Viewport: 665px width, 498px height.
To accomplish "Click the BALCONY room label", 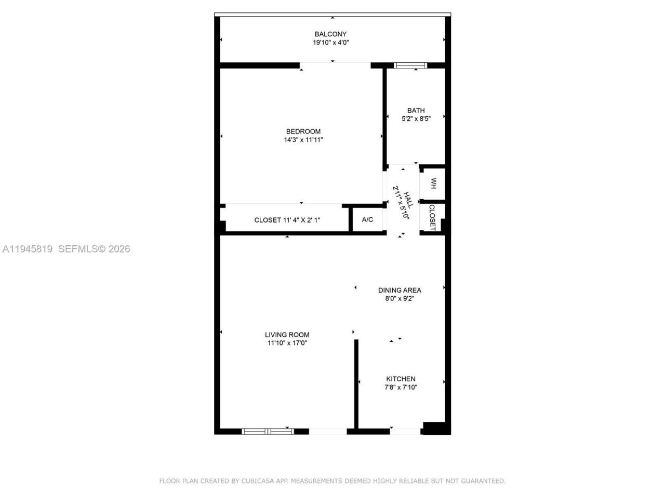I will coord(330,34).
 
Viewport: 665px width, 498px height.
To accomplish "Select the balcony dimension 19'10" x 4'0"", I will coord(330,43).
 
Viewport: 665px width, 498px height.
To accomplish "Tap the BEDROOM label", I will coord(303,131).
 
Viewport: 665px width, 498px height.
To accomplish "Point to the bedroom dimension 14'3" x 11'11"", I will coord(303,140).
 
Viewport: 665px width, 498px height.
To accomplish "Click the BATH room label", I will coord(416,110).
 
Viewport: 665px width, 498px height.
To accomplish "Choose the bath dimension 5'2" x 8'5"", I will coord(416,118).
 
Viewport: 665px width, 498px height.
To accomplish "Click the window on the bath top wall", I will coord(410,65).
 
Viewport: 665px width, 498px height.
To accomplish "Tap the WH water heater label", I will coord(433,183).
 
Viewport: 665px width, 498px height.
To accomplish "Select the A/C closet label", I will coord(367,220).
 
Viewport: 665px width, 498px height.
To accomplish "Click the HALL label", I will coord(408,200).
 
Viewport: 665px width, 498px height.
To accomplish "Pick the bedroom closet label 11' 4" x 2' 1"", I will coord(287,220).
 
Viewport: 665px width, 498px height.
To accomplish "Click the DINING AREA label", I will coord(400,290).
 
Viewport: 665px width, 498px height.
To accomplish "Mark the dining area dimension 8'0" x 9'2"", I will coord(400,299).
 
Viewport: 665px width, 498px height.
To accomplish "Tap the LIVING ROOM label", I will coord(287,335).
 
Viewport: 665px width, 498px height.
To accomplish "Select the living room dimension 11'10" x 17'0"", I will coord(287,343).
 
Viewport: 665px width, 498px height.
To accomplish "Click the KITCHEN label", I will coord(401,379).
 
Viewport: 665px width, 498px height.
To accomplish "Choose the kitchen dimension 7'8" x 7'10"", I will coord(401,388).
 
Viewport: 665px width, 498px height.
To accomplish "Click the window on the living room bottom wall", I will coord(268,431).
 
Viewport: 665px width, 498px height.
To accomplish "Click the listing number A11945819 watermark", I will coord(28,249).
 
